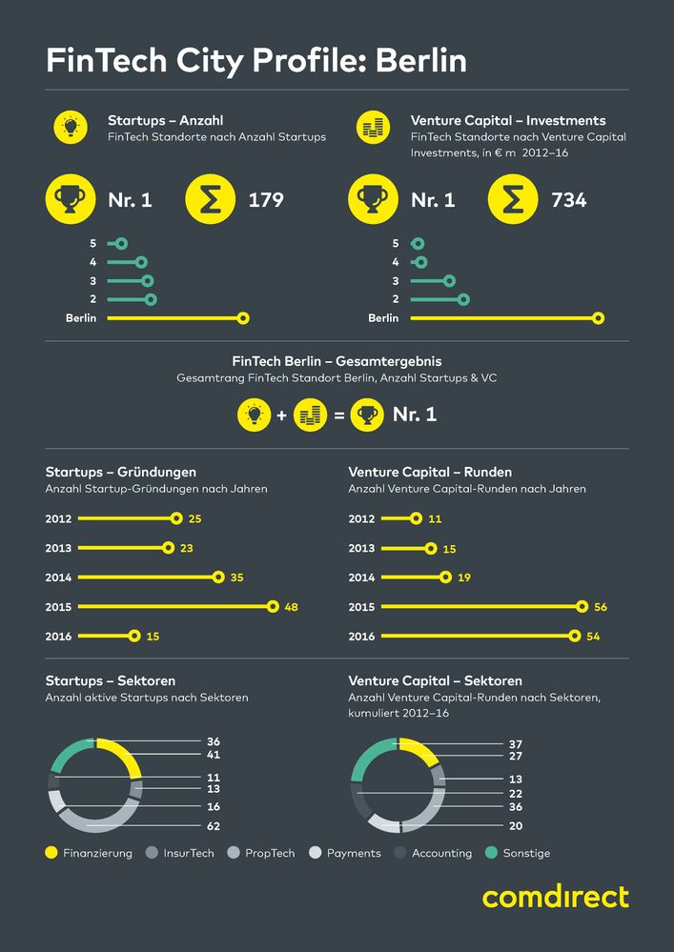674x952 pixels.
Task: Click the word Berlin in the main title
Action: tap(420, 61)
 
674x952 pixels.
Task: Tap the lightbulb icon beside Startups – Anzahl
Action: tap(69, 128)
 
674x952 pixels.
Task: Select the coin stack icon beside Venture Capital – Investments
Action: tap(373, 128)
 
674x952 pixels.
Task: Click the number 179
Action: tap(266, 200)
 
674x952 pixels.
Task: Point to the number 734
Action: tap(569, 200)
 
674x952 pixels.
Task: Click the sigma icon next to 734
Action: tap(512, 200)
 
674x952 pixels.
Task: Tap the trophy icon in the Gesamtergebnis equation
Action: tap(367, 415)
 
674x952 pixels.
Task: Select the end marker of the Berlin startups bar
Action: tap(243, 318)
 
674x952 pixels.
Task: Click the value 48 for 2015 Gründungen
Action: tap(292, 607)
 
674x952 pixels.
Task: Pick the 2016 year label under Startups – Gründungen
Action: tap(58, 637)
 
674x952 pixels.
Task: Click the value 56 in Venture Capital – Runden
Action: tap(600, 607)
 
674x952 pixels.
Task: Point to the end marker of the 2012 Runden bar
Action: tap(415, 518)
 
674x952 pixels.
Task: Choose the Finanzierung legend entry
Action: tap(89, 853)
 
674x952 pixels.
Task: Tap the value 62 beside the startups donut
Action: tap(214, 826)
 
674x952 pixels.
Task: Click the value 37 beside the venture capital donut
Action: tap(516, 744)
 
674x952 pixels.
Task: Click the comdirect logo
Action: tap(555, 898)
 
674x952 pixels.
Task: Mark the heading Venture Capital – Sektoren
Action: tap(435, 681)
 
